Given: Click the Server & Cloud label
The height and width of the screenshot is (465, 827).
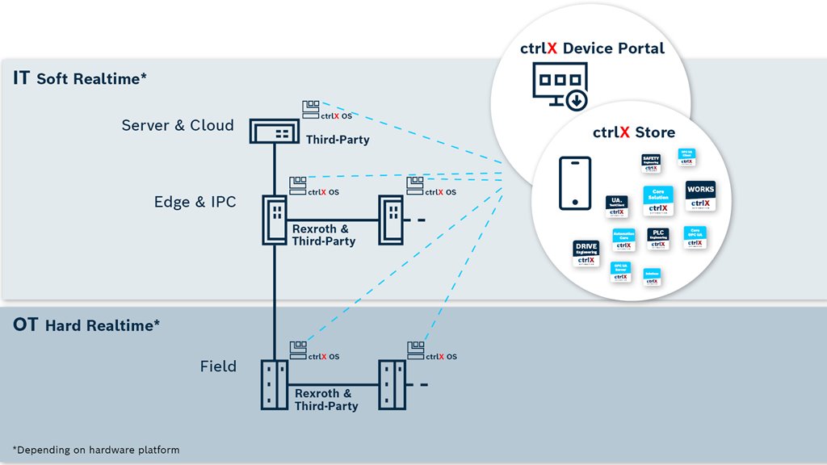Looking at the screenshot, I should click(x=178, y=126).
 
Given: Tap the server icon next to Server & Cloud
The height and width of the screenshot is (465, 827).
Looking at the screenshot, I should click(x=275, y=131).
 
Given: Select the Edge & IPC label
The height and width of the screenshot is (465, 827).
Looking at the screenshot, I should click(x=195, y=202).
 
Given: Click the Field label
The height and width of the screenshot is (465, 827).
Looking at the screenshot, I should click(x=218, y=367).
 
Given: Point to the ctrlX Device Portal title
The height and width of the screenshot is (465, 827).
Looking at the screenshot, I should click(x=592, y=48).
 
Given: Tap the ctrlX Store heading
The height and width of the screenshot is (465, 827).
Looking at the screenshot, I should click(x=634, y=132).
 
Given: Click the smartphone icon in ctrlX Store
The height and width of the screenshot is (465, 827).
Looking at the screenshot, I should click(x=575, y=184).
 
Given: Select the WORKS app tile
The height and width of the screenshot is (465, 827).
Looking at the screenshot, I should click(x=699, y=195).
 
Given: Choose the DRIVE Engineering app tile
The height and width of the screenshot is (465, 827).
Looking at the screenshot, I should click(x=586, y=253).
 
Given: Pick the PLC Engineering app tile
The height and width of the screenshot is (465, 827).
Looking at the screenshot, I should click(x=658, y=238).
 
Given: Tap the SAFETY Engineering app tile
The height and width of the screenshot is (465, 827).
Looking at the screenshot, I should click(x=652, y=164).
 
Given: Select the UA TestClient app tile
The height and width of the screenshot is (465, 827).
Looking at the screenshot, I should click(x=617, y=207).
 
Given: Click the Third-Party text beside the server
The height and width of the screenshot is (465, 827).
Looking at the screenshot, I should click(x=338, y=140).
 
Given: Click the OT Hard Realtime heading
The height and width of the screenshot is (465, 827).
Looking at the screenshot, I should click(x=86, y=325).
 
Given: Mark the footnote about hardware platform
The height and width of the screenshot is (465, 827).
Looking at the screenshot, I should click(x=96, y=449).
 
